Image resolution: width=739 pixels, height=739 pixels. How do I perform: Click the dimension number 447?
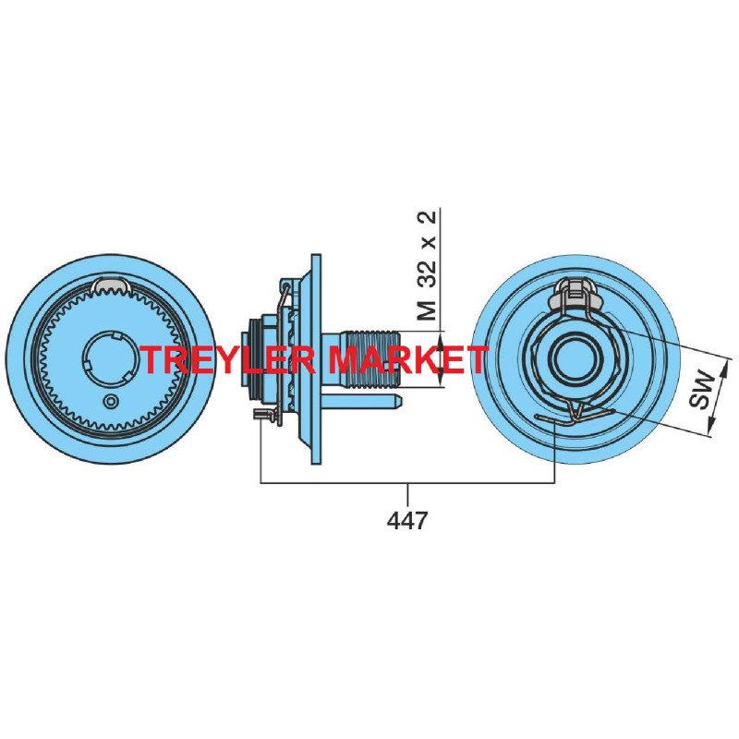click(x=407, y=521)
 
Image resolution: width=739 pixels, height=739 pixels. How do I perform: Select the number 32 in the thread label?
click(x=427, y=270)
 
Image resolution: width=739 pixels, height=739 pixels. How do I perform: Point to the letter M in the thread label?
click(x=427, y=309)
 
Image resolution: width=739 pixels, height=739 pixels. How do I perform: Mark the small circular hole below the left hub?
click(x=112, y=401)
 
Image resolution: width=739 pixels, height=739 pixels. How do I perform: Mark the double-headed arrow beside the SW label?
click(x=719, y=397)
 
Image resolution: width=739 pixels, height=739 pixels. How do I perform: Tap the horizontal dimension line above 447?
click(x=407, y=482)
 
